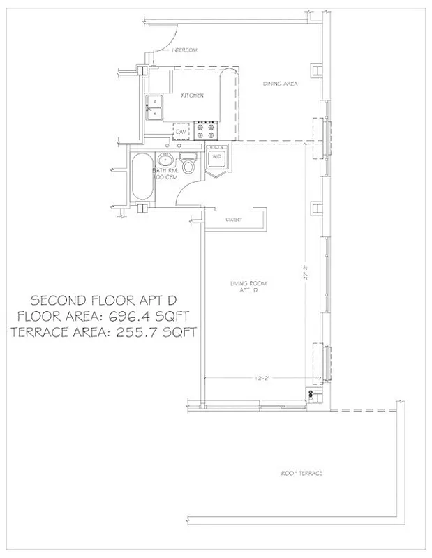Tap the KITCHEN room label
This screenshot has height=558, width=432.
click(192, 96)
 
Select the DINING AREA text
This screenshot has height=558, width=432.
click(280, 84)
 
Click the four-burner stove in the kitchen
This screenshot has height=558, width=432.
click(207, 128)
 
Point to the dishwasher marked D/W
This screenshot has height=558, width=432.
click(181, 131)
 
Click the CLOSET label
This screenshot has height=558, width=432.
click(233, 220)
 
